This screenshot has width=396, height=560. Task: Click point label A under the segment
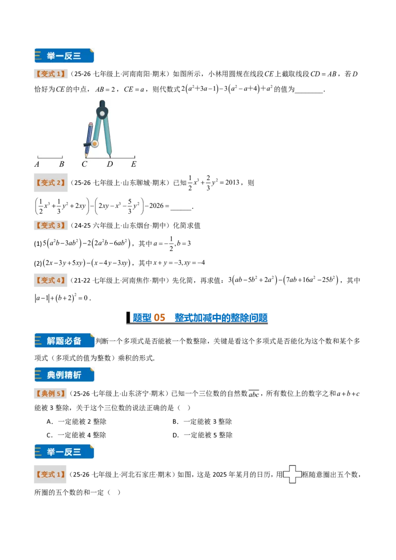(x=37, y=164)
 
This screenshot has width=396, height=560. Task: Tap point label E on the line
(x=134, y=164)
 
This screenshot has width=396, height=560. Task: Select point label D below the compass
(x=110, y=164)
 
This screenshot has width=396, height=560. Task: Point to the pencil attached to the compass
(x=88, y=140)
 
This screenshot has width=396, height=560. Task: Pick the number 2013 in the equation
(x=232, y=183)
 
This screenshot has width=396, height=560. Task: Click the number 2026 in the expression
(x=156, y=206)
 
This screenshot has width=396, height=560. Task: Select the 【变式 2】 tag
(x=50, y=183)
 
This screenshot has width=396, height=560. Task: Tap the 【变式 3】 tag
(x=50, y=226)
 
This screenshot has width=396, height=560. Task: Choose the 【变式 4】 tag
(x=50, y=280)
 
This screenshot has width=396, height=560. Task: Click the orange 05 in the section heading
(x=159, y=318)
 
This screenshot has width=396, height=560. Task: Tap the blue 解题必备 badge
(x=64, y=341)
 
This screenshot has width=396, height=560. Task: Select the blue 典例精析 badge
(x=64, y=374)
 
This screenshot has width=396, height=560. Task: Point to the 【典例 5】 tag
(x=50, y=394)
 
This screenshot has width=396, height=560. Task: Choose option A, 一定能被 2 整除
(x=77, y=422)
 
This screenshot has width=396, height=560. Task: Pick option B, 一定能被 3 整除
(x=202, y=422)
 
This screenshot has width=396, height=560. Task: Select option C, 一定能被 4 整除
(x=77, y=435)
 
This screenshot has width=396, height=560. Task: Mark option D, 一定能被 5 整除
(x=202, y=435)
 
